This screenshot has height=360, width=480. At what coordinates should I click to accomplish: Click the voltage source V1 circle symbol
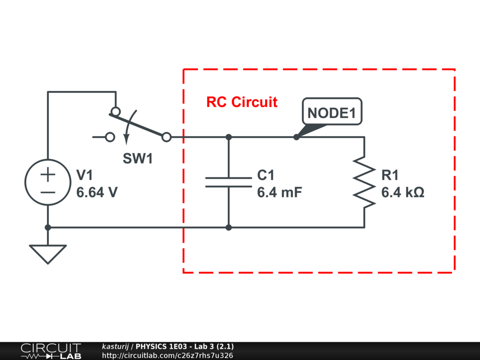tap(47, 182)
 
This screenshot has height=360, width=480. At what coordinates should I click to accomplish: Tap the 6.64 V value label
tap(97, 192)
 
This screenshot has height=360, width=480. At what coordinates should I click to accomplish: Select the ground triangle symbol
tap(47, 254)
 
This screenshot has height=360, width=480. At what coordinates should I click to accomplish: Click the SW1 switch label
tap(138, 159)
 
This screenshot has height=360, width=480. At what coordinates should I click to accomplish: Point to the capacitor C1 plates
tap(229, 182)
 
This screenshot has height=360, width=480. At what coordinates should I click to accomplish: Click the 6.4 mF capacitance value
tap(280, 192)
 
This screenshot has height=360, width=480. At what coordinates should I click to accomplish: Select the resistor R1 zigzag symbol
tap(364, 182)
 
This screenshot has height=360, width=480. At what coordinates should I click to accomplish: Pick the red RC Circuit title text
tap(242, 102)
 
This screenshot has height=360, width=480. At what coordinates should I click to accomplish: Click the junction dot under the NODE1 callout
tap(296, 137)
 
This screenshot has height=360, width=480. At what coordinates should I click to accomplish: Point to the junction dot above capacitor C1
tap(229, 137)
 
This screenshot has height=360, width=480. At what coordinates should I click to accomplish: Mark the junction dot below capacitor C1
tap(229, 227)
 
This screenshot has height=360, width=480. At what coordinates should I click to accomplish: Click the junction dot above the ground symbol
tap(47, 227)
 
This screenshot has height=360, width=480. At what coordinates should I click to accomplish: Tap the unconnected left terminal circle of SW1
tap(110, 137)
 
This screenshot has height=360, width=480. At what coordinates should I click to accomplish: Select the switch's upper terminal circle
tap(115, 112)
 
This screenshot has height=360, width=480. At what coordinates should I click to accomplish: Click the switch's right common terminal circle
tap(166, 137)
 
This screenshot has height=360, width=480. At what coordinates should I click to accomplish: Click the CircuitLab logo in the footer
tap(51, 351)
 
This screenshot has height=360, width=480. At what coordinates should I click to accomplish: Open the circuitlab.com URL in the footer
tap(167, 355)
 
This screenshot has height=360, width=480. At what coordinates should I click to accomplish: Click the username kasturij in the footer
tap(115, 346)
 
